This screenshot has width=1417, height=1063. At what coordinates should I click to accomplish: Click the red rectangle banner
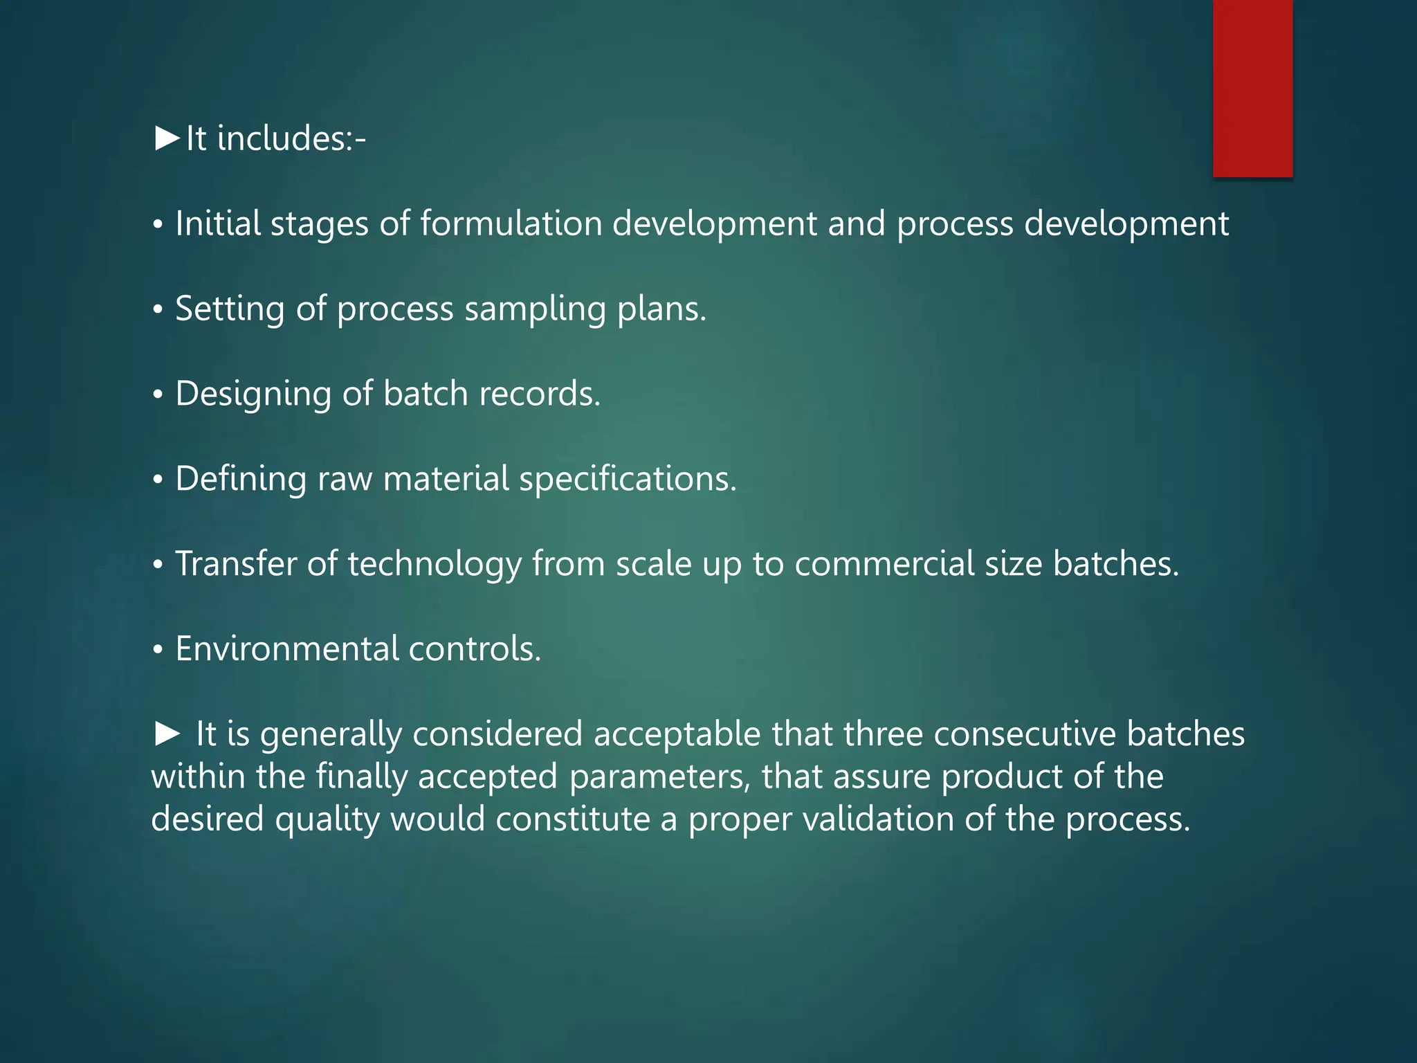(x=1252, y=89)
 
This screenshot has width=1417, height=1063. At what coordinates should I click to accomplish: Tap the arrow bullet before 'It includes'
(x=167, y=138)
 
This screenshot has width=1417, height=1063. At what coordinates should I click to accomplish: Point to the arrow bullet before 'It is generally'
(x=167, y=734)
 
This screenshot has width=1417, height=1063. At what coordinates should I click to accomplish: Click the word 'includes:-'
(x=291, y=138)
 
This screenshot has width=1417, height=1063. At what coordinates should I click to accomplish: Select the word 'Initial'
(x=217, y=224)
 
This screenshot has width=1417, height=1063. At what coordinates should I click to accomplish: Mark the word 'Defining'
(x=240, y=479)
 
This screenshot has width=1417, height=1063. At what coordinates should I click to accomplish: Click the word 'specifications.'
(x=628, y=480)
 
